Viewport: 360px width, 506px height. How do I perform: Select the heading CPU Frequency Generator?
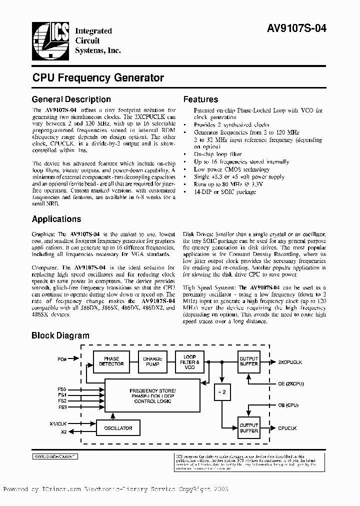click(x=98, y=78)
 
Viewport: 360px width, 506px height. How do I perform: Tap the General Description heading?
click(x=71, y=99)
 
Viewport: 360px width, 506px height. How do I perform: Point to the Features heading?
click(x=200, y=99)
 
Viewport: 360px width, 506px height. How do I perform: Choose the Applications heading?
click(x=56, y=219)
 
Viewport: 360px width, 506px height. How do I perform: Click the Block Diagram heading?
click(x=60, y=335)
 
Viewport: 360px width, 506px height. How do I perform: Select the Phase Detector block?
click(x=111, y=361)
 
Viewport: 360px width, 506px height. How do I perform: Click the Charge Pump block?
click(x=152, y=361)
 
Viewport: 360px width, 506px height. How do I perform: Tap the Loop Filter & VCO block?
click(x=189, y=361)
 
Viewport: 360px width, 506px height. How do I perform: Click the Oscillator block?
click(x=118, y=428)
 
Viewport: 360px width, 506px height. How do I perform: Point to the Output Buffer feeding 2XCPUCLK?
click(x=248, y=361)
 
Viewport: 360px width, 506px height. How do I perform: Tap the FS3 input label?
click(x=62, y=407)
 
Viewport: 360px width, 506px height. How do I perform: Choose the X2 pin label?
click(x=63, y=432)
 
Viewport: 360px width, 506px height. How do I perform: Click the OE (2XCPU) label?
click(x=291, y=383)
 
